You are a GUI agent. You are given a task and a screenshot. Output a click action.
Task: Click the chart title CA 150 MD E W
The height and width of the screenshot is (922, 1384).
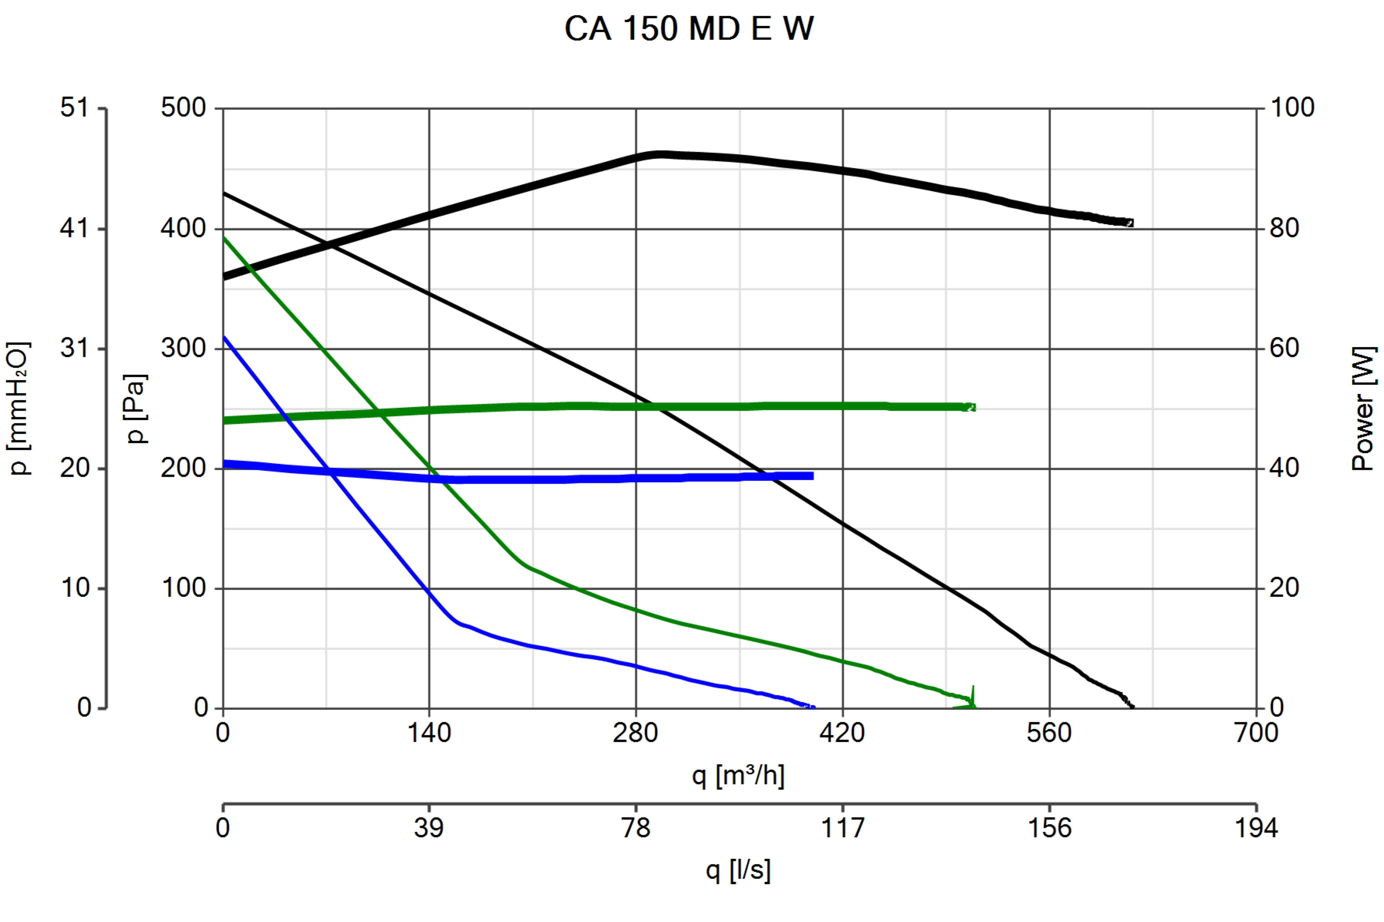[689, 28]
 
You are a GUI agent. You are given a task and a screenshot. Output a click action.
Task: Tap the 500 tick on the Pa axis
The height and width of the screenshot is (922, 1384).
[184, 108]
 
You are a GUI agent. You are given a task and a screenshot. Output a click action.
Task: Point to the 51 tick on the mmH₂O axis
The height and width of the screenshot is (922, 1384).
[75, 108]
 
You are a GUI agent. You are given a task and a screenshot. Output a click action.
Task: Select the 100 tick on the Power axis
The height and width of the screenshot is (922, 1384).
[1292, 108]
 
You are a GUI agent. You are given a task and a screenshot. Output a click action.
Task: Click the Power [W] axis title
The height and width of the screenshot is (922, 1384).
[1363, 409]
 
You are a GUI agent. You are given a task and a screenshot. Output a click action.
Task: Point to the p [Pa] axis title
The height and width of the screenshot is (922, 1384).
[136, 409]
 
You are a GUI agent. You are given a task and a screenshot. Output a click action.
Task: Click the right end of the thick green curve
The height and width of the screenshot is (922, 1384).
[974, 407]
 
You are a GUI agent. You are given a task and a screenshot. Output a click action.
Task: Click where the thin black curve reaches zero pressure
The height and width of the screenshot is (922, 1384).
[1132, 707]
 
